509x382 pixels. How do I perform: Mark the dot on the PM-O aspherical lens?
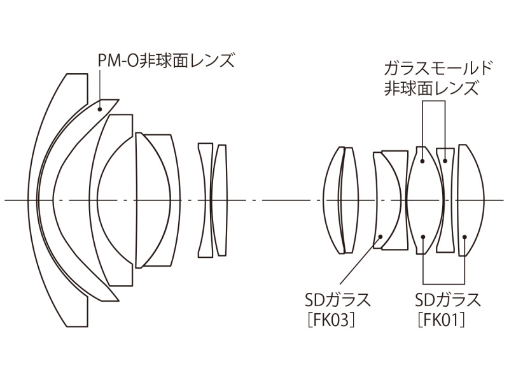[100, 109]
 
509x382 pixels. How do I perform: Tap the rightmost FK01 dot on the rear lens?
[465, 237]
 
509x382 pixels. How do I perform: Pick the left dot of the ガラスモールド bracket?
[422, 152]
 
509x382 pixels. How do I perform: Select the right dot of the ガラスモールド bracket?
[444, 152]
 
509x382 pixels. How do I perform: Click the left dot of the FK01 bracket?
[422, 237]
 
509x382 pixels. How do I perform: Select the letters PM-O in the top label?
[113, 62]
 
